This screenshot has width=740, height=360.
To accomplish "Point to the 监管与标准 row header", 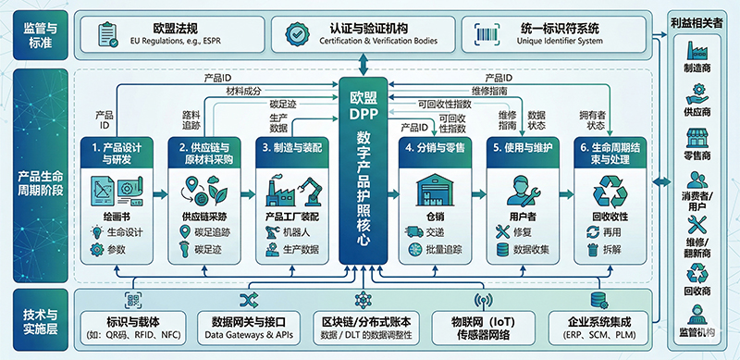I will (38, 34).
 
